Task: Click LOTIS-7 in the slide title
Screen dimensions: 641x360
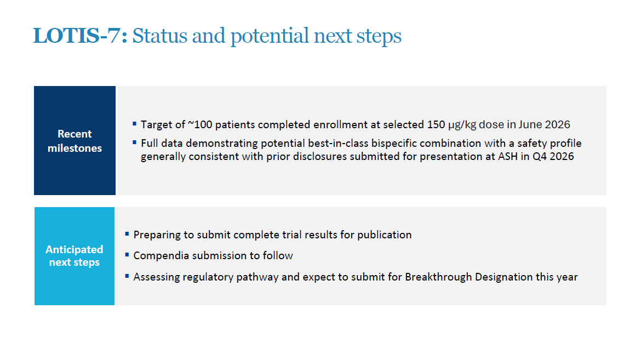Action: (77, 36)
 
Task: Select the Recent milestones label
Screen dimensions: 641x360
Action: (75, 141)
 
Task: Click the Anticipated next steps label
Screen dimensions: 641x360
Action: (75, 256)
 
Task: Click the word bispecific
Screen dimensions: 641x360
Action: (394, 144)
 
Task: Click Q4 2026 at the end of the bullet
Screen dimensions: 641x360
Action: (553, 156)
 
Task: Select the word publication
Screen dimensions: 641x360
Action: (384, 235)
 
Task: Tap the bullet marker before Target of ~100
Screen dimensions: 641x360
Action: (134, 123)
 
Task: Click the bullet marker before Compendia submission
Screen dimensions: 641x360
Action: (127, 254)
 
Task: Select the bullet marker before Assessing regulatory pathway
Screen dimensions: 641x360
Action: (127, 276)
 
